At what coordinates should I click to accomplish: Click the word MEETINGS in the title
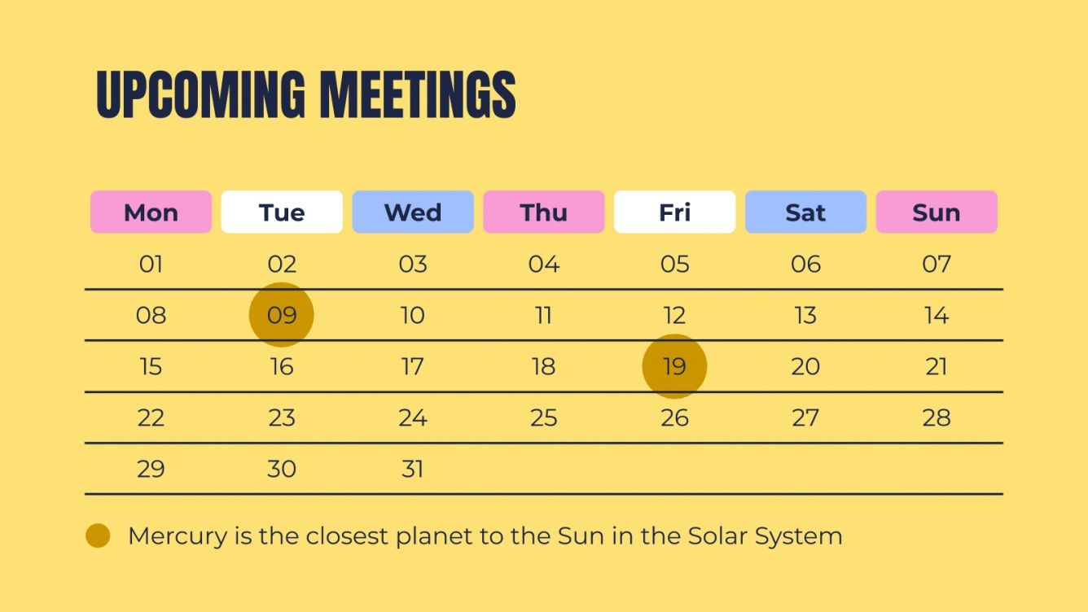[417, 95]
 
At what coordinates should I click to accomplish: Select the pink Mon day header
[151, 212]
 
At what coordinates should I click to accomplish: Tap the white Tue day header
[282, 212]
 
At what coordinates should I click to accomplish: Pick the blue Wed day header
[413, 212]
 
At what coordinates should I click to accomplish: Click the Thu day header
[544, 212]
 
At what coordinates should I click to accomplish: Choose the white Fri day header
[674, 212]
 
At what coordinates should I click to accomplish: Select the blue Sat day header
[805, 212]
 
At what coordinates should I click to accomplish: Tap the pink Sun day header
[937, 212]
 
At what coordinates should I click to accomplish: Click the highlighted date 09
[282, 315]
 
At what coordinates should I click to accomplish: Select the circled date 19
[674, 366]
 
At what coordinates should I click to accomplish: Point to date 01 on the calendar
[151, 264]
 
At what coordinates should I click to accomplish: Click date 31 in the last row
[413, 469]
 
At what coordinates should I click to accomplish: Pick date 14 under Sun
[937, 315]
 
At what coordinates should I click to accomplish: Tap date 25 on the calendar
[544, 417]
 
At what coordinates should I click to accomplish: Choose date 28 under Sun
[937, 417]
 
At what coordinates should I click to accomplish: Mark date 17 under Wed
[413, 366]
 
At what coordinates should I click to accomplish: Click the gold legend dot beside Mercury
[98, 536]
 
